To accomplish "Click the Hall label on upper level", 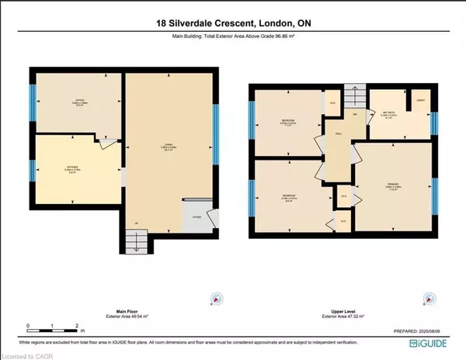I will click(x=339, y=133).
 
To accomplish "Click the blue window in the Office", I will click(x=33, y=99).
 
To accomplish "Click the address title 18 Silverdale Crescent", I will click(x=232, y=22).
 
